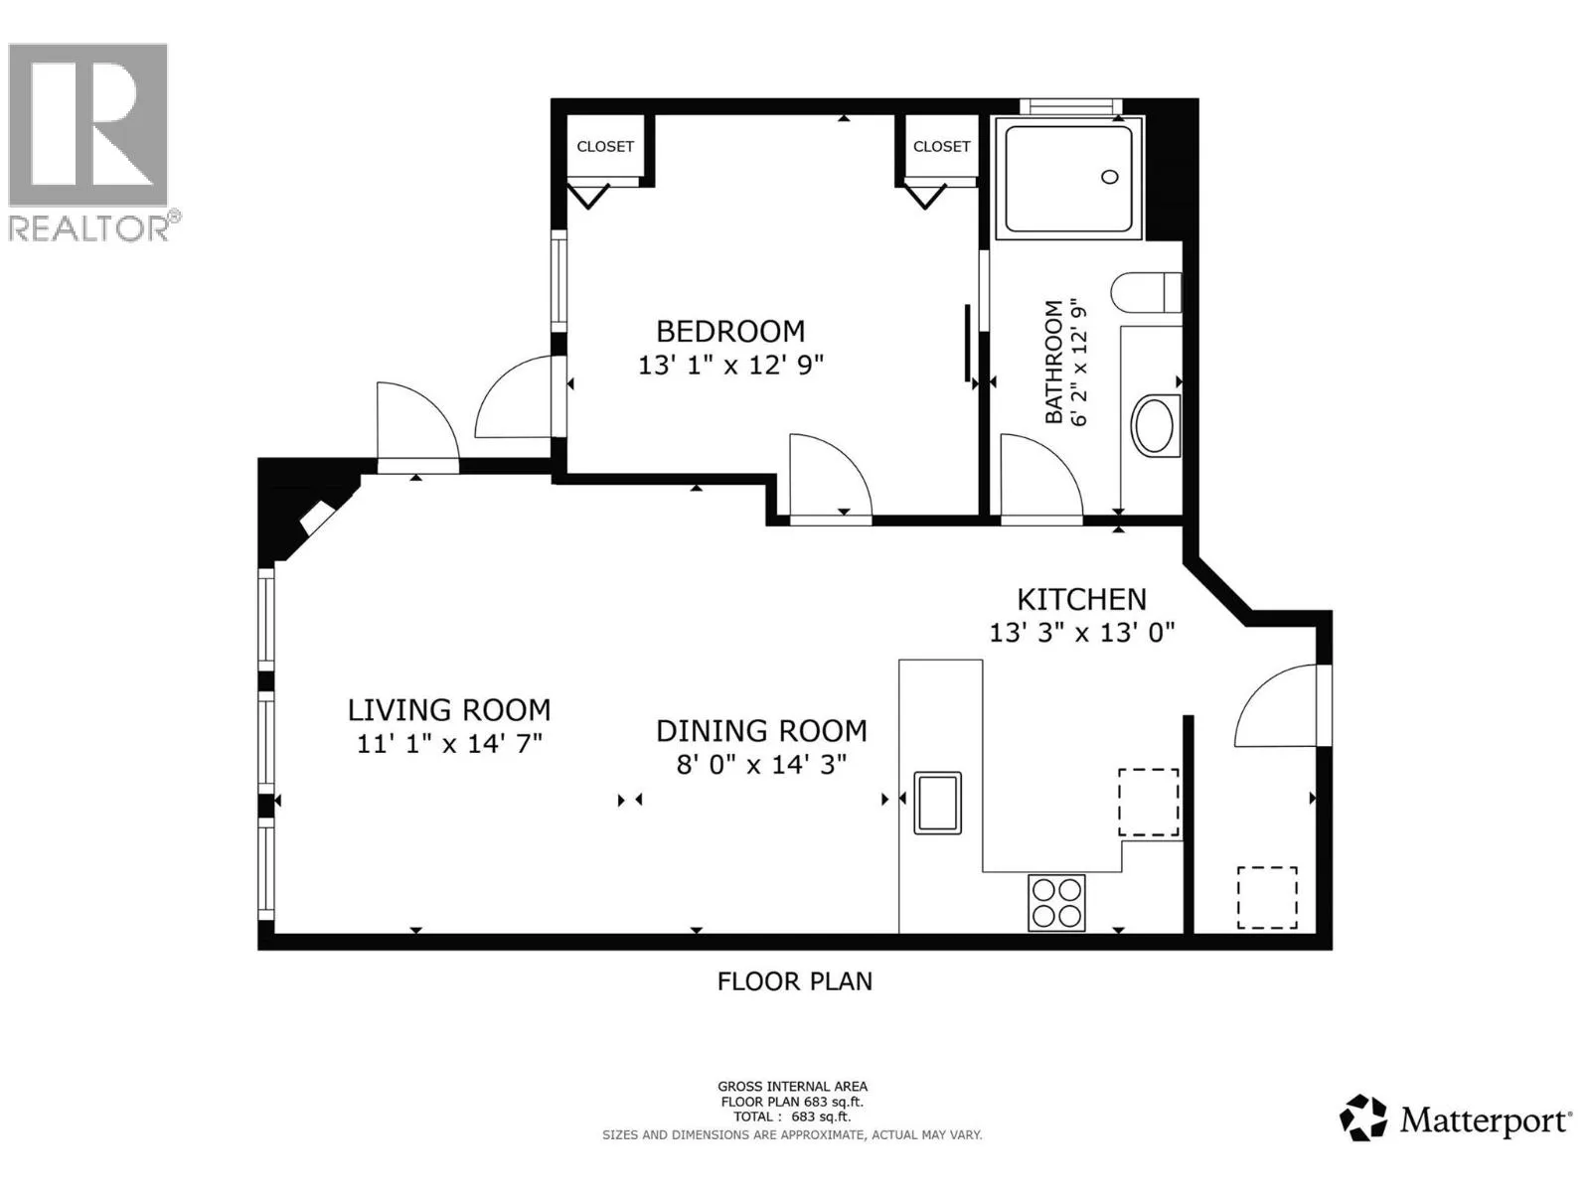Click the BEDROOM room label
pos(730,332)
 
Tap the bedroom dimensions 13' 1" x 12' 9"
pos(730,365)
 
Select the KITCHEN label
pos(1081,600)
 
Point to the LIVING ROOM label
pos(449,710)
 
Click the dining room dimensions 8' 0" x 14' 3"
pos(761,764)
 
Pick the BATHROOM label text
pos(1053,362)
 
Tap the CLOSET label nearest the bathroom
pos(941,147)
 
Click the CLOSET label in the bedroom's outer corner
pos(605,147)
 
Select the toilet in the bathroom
pos(1146,292)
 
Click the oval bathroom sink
pos(1154,425)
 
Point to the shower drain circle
pos(1109,177)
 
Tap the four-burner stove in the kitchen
pos(1056,903)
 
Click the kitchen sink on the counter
pos(937,803)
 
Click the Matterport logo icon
pos(1362,1118)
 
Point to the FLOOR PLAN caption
pos(795,982)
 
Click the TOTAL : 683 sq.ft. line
pos(792,1116)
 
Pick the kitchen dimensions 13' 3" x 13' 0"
pos(1081,634)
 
